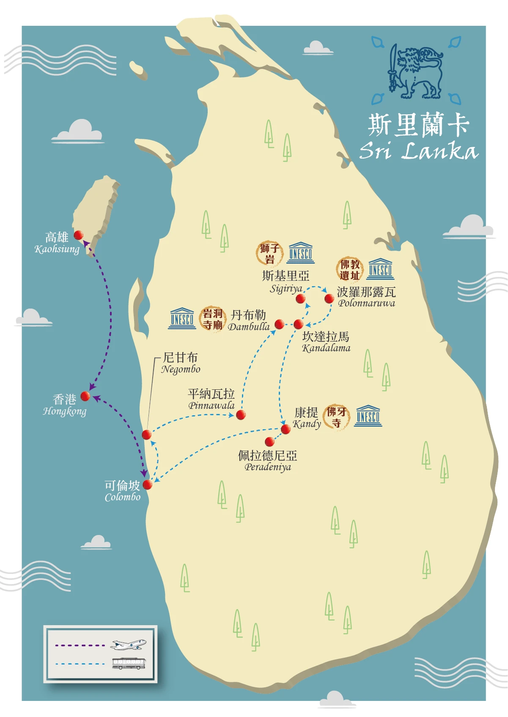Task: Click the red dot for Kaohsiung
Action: (x=78, y=235)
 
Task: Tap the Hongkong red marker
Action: (x=85, y=396)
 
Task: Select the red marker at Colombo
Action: (x=148, y=485)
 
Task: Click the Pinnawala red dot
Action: (x=241, y=415)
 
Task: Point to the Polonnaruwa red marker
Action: (x=329, y=299)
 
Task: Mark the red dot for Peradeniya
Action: (x=269, y=442)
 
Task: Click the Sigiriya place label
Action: (x=286, y=282)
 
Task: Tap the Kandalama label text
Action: (x=326, y=342)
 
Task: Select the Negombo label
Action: (x=181, y=363)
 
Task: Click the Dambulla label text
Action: (x=249, y=320)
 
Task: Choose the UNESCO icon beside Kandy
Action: (x=368, y=416)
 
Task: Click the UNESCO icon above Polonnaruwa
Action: (x=380, y=269)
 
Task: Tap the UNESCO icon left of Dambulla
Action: (x=182, y=318)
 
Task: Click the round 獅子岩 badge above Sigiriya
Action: (x=269, y=253)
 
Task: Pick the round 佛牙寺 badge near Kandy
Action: (x=337, y=416)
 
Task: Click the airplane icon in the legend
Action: (x=128, y=645)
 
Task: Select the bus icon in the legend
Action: (x=129, y=663)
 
